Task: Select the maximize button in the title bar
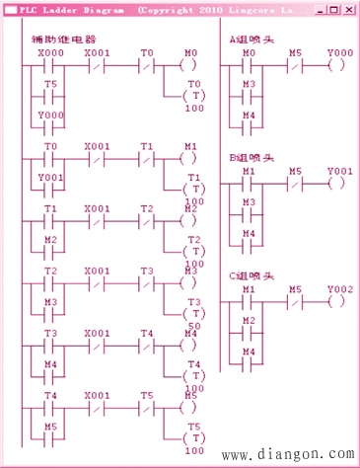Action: (332, 8)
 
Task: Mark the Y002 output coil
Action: (337, 301)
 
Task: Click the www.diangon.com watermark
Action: (290, 455)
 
